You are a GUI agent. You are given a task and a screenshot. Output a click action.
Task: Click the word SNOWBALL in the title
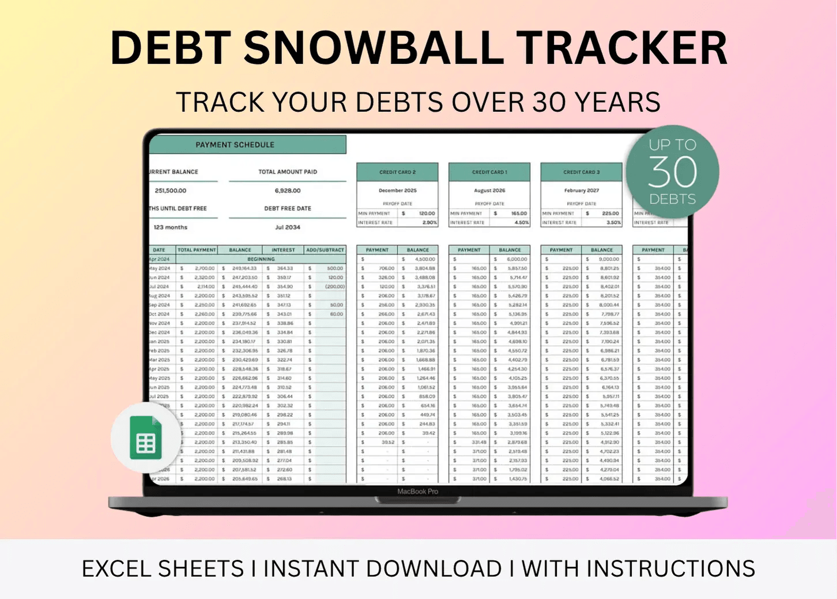point(374,48)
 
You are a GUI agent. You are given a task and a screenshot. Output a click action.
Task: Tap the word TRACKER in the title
point(621,48)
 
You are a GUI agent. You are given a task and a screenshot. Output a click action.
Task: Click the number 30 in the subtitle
point(549,103)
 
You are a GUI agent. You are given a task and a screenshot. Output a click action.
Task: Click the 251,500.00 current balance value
point(171,190)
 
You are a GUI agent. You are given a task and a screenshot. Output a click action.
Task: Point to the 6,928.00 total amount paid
point(288,190)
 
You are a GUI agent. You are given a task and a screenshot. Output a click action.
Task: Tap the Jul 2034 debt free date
point(288,227)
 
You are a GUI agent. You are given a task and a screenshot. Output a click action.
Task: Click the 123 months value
point(171,227)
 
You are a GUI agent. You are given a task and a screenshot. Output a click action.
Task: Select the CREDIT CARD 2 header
point(397,172)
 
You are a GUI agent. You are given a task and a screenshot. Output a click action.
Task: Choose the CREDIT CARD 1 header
point(489,172)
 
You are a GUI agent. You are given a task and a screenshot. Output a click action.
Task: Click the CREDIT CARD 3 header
point(582,172)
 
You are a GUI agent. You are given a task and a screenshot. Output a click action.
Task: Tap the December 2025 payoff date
point(397,190)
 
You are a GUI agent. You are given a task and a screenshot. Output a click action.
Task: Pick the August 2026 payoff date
point(489,190)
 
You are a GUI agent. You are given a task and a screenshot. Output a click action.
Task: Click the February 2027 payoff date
point(582,190)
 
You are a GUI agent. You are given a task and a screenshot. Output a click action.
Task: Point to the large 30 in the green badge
point(672,172)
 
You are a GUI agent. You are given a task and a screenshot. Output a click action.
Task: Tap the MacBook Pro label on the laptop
point(417,492)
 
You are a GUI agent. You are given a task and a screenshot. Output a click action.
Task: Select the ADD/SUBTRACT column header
point(325,250)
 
